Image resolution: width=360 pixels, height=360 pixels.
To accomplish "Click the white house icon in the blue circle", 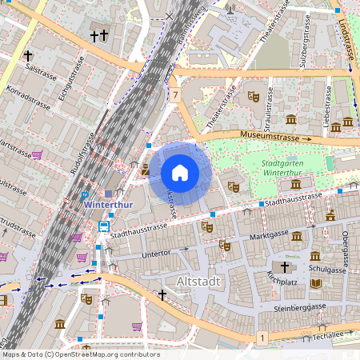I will (179, 172).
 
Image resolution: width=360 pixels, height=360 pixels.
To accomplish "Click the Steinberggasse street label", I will (299, 307).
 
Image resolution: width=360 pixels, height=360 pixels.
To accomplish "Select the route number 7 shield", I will (174, 94).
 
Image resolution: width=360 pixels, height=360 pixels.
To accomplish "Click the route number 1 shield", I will (262, 339).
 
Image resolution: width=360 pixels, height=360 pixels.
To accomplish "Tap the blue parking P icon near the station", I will (85, 196).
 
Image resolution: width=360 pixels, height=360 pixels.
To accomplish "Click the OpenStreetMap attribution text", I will (80, 354).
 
